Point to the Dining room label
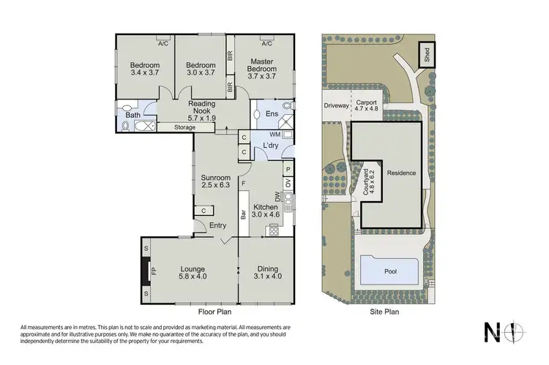click(266, 268)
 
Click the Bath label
click(132, 115)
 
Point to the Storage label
click(184, 127)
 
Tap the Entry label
click(217, 225)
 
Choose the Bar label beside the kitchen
click(242, 215)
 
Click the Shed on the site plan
click(425, 55)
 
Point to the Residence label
click(401, 173)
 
